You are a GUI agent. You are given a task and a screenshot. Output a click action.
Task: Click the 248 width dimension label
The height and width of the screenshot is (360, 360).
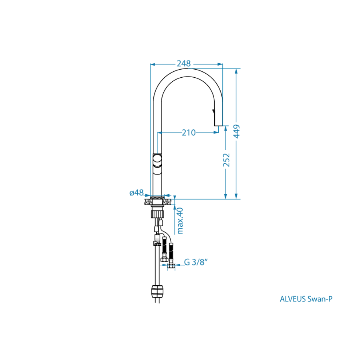point(184,63)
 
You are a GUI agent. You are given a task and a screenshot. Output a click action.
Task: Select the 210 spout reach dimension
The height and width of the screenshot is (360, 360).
point(189,133)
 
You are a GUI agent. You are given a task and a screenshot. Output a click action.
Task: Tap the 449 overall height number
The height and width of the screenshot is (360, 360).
point(237,131)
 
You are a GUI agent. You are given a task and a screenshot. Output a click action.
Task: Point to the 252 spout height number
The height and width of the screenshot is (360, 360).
point(226,160)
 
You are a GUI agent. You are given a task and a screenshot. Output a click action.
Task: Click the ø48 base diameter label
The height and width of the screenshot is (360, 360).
point(137,193)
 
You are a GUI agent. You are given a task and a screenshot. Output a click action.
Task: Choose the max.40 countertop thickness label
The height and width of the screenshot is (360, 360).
point(180,221)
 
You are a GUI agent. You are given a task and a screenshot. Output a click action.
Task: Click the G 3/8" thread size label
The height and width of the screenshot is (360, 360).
point(196,262)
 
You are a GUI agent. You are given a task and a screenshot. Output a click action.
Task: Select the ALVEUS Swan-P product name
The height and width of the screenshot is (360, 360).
point(306,299)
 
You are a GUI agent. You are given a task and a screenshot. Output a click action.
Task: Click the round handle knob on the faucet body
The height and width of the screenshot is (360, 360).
point(157,160)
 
